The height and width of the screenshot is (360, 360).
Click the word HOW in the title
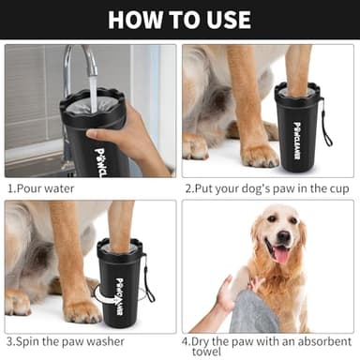point(139,20)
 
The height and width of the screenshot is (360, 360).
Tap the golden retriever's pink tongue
point(278,253)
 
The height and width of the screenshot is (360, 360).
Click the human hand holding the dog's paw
point(226,293)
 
